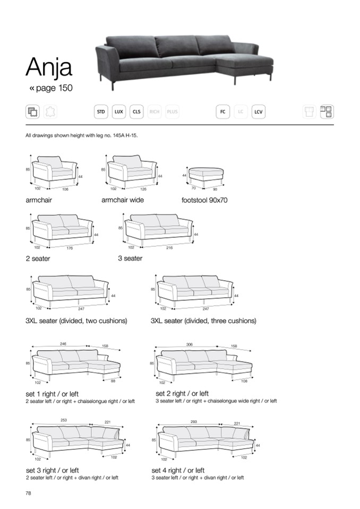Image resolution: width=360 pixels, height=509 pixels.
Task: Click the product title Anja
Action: (x=49, y=67)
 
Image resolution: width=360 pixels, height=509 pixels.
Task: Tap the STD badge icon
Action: (x=100, y=111)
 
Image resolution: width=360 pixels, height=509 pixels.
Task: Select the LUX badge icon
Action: (x=119, y=111)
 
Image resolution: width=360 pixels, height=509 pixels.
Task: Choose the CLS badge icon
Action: (x=136, y=111)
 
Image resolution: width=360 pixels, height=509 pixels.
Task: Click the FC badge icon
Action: (x=222, y=111)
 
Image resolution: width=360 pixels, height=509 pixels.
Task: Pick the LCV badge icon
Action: (x=258, y=111)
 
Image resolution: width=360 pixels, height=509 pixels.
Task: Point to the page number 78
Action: (x=29, y=493)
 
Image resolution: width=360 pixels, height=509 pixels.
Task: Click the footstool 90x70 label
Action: (x=204, y=201)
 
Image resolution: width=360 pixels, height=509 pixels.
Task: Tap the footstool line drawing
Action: (x=207, y=174)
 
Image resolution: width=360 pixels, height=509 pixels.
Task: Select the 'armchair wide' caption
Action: (x=123, y=200)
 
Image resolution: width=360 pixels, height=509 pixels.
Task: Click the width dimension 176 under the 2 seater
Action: (x=69, y=248)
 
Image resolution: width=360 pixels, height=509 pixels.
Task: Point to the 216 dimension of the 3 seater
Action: (x=169, y=248)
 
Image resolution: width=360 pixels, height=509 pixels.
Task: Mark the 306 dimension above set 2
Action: (x=189, y=344)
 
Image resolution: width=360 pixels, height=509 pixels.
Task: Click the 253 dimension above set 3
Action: (x=64, y=420)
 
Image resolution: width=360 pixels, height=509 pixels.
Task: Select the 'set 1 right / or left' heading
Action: (x=52, y=394)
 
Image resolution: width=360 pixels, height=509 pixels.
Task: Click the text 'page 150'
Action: (x=54, y=88)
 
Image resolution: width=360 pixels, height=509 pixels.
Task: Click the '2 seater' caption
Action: (x=38, y=258)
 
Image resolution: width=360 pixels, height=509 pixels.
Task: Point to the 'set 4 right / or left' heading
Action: (x=178, y=470)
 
